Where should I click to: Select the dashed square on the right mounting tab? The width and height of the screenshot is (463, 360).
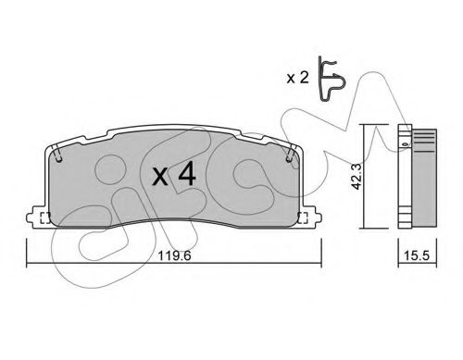pos(302,219)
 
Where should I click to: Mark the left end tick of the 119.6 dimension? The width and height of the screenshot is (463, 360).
pos(27,251)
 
